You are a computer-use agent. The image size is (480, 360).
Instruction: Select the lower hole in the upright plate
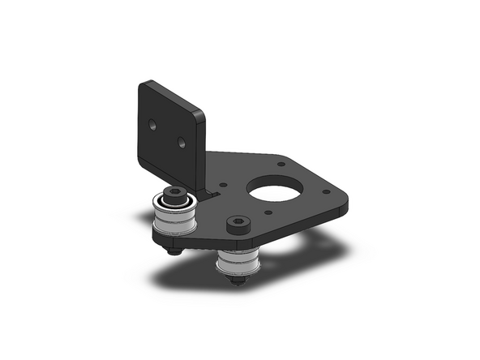182,143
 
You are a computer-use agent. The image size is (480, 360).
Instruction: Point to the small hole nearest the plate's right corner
326,193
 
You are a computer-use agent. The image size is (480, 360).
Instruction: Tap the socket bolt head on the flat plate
237,222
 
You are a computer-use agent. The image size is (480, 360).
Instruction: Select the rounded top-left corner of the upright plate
145,84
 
